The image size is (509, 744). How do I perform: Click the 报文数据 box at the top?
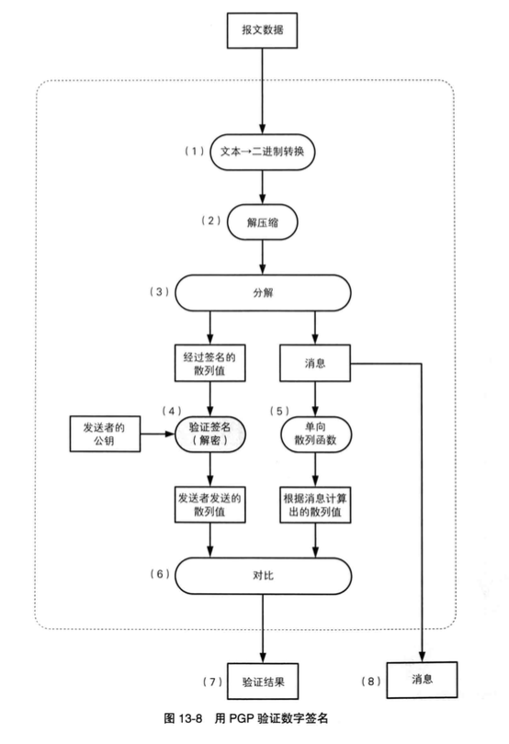tap(264, 31)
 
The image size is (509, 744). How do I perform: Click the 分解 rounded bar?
tap(264, 293)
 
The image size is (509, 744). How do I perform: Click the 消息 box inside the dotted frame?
tap(315, 364)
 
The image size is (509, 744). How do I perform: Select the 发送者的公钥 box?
tap(104, 434)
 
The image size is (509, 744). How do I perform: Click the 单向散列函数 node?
tap(316, 434)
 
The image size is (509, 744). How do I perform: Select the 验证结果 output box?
tap(263, 681)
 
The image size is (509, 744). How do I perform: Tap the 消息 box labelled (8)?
tap(422, 681)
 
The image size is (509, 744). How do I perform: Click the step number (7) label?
tap(210, 681)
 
